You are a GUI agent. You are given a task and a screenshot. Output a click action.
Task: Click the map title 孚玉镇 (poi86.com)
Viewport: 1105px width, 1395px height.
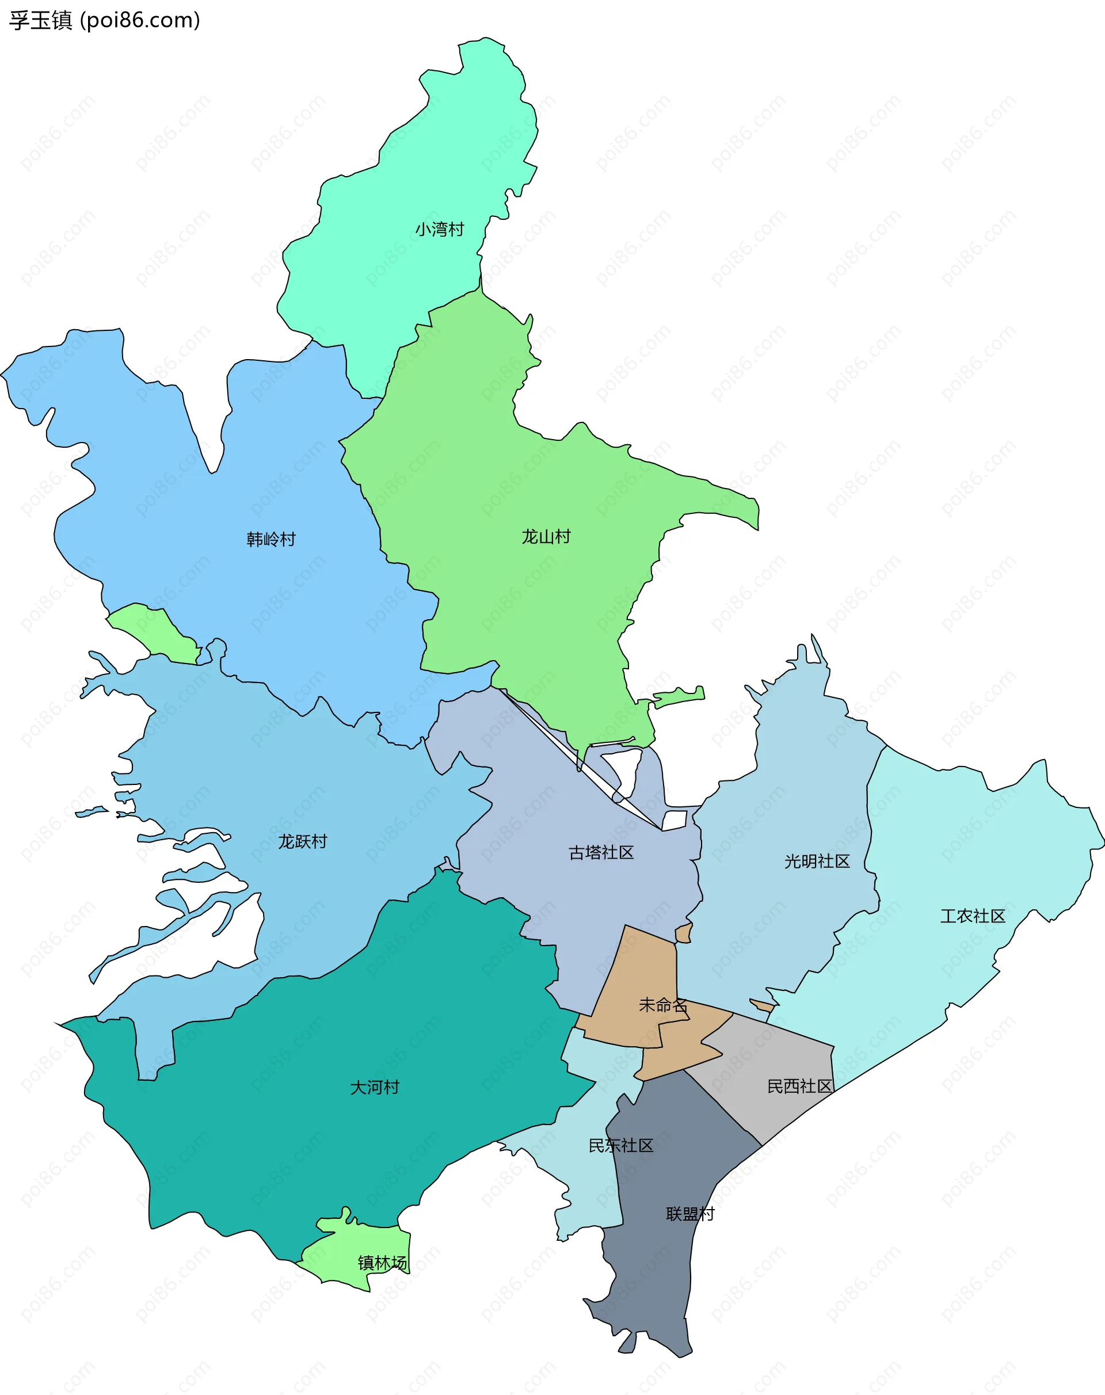tap(104, 21)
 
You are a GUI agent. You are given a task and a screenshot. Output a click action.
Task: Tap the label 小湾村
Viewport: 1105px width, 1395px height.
tap(439, 230)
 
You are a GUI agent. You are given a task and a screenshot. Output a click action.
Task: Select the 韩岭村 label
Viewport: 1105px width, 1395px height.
tap(271, 539)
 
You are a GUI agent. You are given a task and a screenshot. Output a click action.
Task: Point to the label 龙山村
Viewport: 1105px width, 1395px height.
tap(546, 536)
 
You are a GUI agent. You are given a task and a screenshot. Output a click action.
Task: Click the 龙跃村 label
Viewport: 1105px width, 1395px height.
tap(303, 841)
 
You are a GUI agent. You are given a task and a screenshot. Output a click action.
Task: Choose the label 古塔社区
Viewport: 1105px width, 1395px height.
tap(601, 853)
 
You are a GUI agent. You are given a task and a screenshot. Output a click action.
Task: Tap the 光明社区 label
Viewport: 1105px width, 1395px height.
tap(817, 861)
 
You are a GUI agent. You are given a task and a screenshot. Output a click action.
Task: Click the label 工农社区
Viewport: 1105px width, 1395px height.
tap(973, 916)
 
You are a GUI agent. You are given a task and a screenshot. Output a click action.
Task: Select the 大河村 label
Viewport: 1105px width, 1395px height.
tap(375, 1087)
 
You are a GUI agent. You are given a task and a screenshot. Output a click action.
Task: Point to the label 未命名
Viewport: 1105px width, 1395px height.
tap(662, 1005)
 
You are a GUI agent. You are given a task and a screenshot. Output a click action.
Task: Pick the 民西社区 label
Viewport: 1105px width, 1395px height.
tap(799, 1087)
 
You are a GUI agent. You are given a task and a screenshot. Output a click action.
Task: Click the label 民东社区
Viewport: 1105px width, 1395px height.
tap(620, 1146)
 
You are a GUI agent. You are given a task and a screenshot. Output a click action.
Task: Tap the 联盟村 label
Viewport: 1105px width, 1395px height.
tap(689, 1214)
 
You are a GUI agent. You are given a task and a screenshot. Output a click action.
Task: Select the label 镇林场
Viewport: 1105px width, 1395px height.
tap(382, 1263)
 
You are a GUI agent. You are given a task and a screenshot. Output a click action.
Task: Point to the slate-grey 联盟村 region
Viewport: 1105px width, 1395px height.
tap(660, 1268)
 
